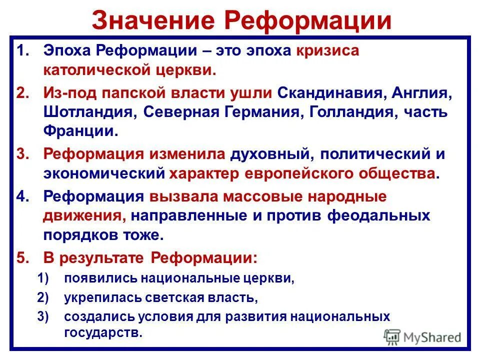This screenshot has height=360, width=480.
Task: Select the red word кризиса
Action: coord(327,51)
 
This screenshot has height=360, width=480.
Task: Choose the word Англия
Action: coord(433,92)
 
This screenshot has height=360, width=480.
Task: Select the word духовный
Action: coord(268,153)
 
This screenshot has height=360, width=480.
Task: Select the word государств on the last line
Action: coord(102,333)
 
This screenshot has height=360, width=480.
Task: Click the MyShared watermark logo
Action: coord(423,337)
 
